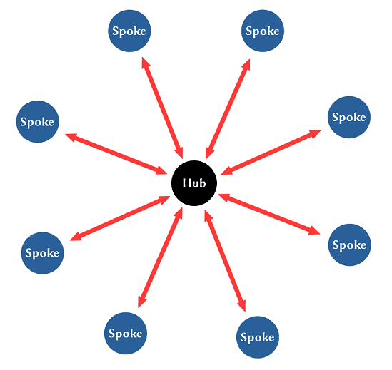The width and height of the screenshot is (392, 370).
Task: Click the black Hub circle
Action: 194,183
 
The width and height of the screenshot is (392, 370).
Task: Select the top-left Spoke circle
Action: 129,31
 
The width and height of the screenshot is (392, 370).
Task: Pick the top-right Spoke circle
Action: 263,31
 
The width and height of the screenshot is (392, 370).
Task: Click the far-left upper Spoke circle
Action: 38,122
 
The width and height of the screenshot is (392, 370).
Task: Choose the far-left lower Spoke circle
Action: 42,253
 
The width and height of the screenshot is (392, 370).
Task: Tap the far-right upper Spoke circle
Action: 349,117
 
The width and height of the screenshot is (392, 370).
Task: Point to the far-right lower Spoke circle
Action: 349,245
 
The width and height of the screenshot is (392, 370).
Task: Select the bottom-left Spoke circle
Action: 126,334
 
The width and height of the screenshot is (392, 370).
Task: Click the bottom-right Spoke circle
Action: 258,337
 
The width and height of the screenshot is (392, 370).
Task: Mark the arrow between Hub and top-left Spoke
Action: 163,108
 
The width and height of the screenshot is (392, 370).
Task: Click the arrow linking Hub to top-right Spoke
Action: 228,109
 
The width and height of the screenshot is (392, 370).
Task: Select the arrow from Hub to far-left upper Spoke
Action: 116,154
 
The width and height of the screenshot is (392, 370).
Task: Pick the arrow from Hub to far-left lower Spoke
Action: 120,218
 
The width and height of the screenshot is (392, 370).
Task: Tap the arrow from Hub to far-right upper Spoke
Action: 271,153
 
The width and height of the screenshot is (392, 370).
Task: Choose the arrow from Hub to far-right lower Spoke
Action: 269,214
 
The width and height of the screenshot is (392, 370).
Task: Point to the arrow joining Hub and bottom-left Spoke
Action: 160,257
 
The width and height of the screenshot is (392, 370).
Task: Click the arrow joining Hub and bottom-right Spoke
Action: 225,261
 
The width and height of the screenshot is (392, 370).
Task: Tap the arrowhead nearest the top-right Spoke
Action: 246,65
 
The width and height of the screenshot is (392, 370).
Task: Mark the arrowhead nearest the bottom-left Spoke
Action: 141,302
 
